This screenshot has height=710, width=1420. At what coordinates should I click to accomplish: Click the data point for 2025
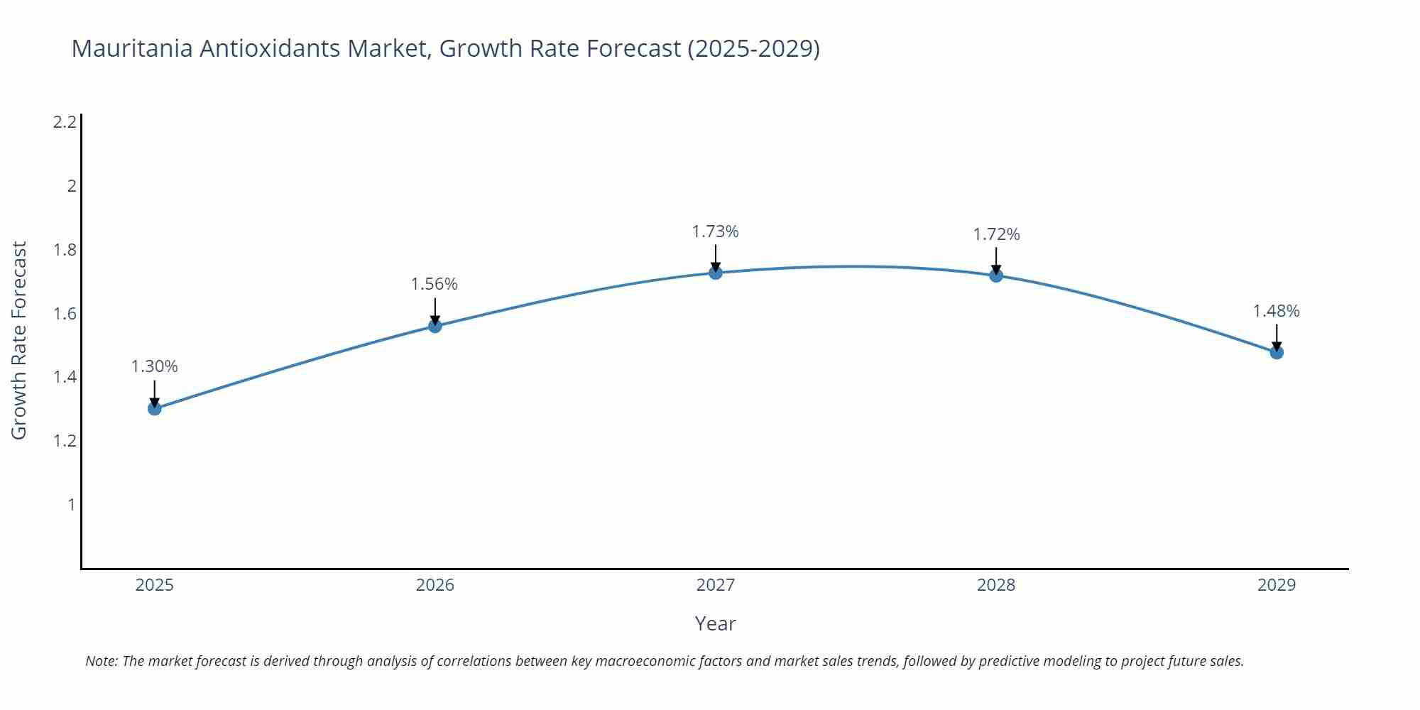(154, 408)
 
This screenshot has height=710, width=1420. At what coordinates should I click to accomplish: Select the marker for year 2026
(435, 326)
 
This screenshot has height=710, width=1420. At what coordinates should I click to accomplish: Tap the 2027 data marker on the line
(715, 273)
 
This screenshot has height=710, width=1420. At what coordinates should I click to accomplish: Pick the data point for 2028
(995, 275)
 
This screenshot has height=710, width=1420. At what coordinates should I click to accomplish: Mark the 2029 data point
(1276, 352)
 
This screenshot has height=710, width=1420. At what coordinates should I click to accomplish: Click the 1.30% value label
(154, 366)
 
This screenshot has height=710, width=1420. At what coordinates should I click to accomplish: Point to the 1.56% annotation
(435, 284)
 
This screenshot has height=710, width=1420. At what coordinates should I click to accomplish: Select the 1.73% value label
(715, 231)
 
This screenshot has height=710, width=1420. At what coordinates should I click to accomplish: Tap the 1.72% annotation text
(995, 234)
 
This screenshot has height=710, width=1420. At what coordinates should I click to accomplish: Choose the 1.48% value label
(1276, 311)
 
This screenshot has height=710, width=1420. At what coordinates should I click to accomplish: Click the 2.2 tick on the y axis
(65, 122)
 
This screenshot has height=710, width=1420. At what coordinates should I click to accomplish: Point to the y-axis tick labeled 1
(71, 505)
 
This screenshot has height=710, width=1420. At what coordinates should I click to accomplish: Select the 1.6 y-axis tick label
(65, 313)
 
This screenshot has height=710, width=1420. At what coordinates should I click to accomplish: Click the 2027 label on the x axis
(715, 585)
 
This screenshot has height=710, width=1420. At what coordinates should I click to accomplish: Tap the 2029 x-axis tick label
(1276, 585)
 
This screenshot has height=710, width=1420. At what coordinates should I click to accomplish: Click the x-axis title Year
(715, 623)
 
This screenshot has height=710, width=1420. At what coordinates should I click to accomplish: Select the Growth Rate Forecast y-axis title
(19, 340)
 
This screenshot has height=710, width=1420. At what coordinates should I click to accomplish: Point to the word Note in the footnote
(102, 661)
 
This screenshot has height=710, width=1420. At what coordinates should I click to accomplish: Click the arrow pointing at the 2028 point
(995, 260)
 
